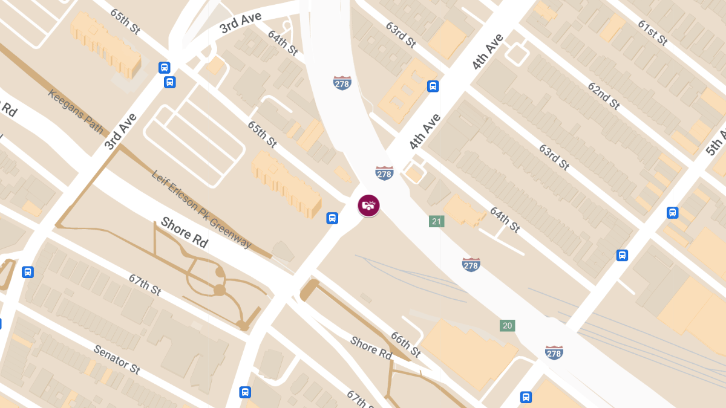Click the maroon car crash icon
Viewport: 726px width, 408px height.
click(x=368, y=206)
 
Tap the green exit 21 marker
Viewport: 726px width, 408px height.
click(x=436, y=221)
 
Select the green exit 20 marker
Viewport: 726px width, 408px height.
click(x=508, y=326)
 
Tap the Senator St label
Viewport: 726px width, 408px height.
click(x=116, y=359)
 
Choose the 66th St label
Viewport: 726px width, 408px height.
click(x=405, y=344)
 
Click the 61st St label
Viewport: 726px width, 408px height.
click(x=652, y=32)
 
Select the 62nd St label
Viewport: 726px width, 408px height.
click(x=603, y=95)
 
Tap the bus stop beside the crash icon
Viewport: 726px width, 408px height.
click(x=332, y=218)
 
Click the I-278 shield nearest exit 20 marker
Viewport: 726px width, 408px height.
click(x=554, y=352)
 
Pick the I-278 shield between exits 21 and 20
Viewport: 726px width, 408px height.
click(x=471, y=264)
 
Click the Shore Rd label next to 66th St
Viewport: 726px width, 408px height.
click(x=371, y=347)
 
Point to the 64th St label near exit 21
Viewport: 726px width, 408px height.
click(x=505, y=220)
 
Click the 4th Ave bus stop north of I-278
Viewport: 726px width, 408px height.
click(x=433, y=86)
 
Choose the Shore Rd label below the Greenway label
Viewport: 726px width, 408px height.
click(x=185, y=233)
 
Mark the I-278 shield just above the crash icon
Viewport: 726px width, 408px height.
click(x=384, y=173)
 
